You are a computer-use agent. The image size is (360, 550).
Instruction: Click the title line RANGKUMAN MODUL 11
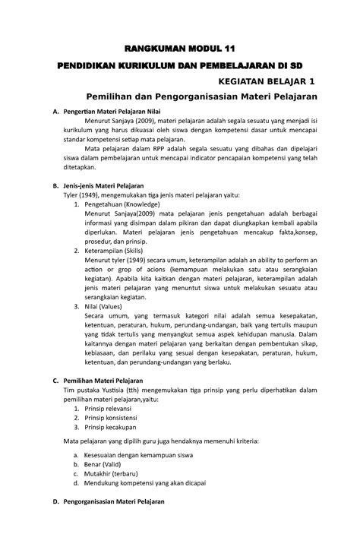(x=178, y=49)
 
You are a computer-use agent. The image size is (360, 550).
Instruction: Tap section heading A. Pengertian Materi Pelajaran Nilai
(x=117, y=112)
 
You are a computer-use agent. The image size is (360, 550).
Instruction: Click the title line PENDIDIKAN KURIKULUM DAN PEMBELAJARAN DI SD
(x=179, y=66)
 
